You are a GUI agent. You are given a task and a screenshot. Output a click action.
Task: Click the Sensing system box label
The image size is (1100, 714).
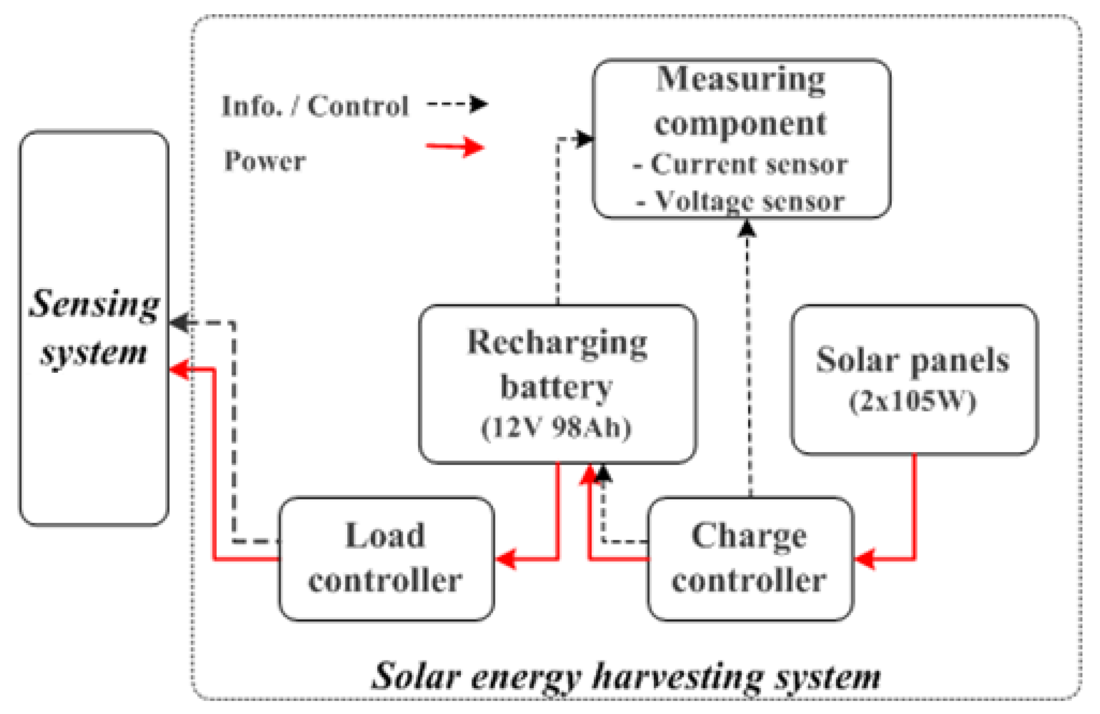coord(94,328)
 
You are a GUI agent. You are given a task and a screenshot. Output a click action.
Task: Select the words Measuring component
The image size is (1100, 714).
coord(741,101)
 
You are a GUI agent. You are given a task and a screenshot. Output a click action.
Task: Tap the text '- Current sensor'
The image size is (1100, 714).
coord(741,165)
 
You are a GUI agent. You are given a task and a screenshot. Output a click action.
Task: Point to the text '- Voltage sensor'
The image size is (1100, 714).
coord(741,201)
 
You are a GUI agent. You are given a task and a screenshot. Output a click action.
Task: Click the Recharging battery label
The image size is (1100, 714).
coord(557,365)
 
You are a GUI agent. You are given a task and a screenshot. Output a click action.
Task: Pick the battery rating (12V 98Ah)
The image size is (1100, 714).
coord(557,427)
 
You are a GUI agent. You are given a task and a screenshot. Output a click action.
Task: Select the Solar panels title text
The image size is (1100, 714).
coord(913,360)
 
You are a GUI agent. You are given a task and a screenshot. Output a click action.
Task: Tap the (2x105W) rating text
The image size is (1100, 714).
coord(913,402)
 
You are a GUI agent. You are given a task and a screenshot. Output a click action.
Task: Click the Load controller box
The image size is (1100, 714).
coord(386,558)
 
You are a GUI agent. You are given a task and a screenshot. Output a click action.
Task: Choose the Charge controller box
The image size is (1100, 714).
coord(749,558)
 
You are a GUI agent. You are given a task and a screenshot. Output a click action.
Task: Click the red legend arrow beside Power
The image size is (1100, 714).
coord(456,147)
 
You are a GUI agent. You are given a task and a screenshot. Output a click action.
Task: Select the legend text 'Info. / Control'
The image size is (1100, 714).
coord(315,106)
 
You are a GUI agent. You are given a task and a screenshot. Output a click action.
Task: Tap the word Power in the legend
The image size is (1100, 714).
coord(265,161)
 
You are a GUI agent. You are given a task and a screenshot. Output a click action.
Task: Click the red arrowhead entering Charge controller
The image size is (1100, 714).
coord(864,558)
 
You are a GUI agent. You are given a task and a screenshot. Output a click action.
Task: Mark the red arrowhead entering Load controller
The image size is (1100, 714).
coord(506,558)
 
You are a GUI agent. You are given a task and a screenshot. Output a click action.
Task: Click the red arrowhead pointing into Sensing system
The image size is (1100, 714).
coord(180,369)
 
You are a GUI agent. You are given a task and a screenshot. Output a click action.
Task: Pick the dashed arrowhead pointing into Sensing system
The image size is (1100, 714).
coord(180,323)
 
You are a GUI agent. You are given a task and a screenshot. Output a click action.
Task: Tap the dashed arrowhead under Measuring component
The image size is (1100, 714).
coord(748,228)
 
